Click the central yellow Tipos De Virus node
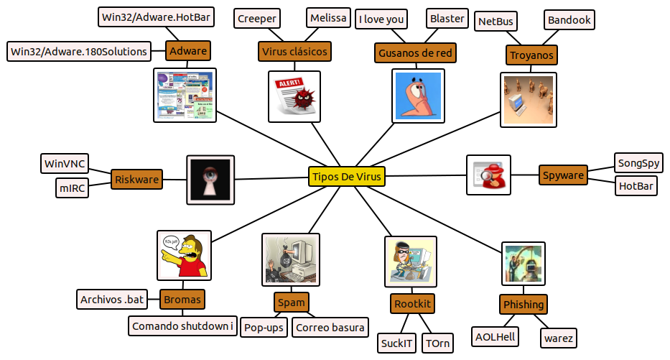coord(347,177)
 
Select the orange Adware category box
coord(188,50)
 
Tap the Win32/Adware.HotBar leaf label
coord(156,16)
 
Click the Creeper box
coord(257,19)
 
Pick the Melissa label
coord(329,18)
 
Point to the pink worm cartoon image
coord(419,96)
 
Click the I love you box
coord(381,19)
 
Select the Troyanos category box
coord(531,55)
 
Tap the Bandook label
coord(569,20)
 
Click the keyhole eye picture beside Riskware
coord(210,178)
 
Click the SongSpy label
coord(638,163)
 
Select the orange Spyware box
coord(563,175)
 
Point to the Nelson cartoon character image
coord(184,255)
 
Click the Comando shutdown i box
coord(182,326)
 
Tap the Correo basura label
coord(330,328)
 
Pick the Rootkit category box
coord(413,304)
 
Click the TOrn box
coord(437,343)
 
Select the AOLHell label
coord(495,336)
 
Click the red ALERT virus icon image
coord(294,96)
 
